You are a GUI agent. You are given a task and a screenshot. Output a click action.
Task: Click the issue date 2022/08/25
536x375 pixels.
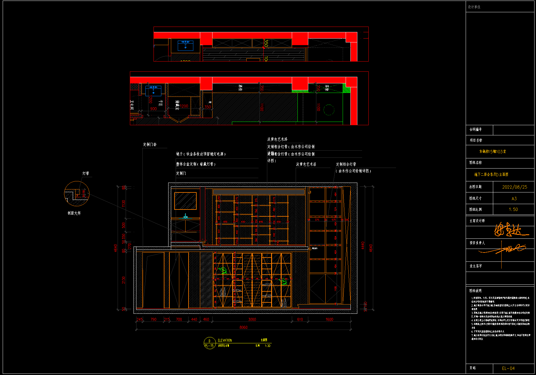coord(514,187)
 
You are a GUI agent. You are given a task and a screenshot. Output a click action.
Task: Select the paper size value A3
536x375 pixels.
coord(514,199)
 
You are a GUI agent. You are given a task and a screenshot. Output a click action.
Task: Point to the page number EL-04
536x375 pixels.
coord(508,368)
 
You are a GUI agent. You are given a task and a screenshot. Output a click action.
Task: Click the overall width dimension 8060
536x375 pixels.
coord(243,327)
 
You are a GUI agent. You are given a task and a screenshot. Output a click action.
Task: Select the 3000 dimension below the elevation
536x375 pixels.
coord(252,319)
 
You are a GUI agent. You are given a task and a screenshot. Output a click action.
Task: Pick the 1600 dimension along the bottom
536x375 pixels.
coord(329,319)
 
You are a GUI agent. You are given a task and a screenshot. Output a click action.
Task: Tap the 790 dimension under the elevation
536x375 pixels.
coord(153,319)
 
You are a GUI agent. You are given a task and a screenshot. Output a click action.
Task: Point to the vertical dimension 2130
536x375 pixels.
coord(124,280)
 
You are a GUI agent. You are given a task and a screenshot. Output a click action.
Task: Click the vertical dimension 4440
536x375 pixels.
coord(363,246)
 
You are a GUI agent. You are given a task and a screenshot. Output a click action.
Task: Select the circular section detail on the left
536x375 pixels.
coord(77,194)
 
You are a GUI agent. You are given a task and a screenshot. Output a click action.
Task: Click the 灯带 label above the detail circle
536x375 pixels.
coord(86,173)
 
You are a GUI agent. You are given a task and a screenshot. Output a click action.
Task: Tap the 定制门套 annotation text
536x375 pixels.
coord(150,145)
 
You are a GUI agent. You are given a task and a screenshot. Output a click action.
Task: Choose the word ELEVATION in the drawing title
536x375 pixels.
coord(225,340)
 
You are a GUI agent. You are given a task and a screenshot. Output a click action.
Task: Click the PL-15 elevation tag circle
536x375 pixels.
coord(209,343)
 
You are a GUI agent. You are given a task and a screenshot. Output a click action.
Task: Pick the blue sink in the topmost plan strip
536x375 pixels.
coord(185,45)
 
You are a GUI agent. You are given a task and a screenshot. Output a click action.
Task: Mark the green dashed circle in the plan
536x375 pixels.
coord(329,110)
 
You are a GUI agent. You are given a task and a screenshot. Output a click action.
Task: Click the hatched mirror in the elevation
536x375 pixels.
coord(186,201)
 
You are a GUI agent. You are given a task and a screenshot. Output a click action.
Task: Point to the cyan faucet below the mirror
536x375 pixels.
coord(186,216)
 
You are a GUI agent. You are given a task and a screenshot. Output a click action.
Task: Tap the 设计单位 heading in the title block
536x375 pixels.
coord(474,7)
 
